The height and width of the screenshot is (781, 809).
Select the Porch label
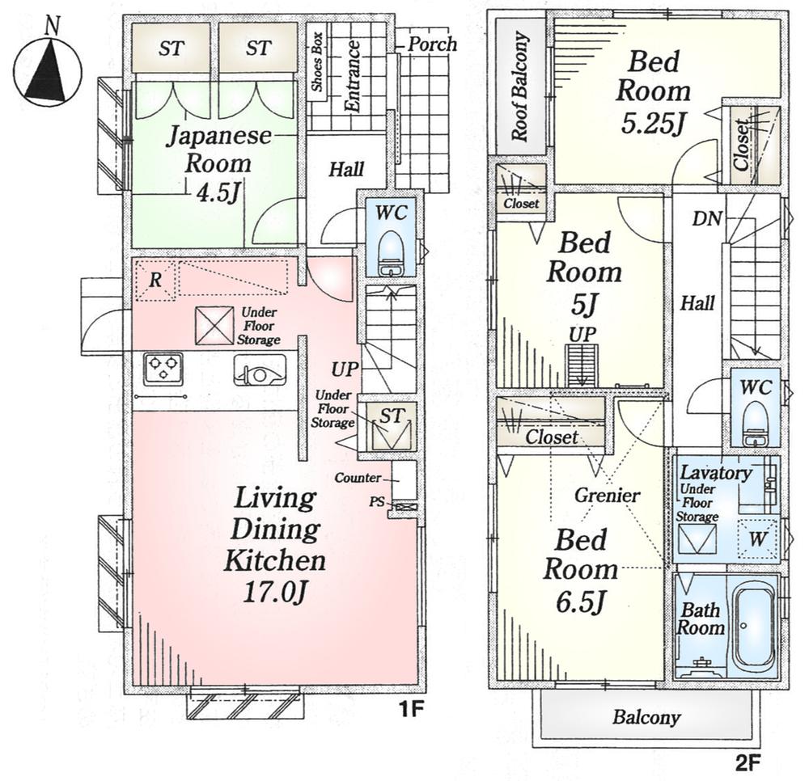click(x=431, y=44)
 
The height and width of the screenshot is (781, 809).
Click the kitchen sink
click(x=258, y=373)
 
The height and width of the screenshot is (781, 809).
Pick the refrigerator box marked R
click(x=154, y=281)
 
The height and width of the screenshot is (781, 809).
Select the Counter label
click(x=357, y=478)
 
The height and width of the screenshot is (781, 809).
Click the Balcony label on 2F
click(x=646, y=717)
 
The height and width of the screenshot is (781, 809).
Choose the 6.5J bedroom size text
click(x=579, y=602)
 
